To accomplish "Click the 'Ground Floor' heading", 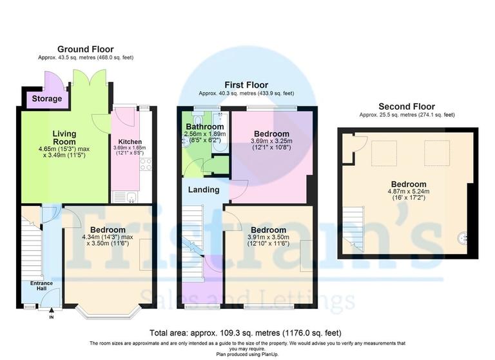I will (x=85, y=49).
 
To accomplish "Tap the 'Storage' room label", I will (x=46, y=99).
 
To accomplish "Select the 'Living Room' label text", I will (x=64, y=139).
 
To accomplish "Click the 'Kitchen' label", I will (x=130, y=142).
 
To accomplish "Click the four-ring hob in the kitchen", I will (x=146, y=164).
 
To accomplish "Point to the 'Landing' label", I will (x=204, y=190).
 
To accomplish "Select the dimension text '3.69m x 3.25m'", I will (x=270, y=141).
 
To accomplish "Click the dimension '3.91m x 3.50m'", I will (x=268, y=237).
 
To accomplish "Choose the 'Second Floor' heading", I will (x=406, y=106).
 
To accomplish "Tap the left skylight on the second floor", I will (x=384, y=154).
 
